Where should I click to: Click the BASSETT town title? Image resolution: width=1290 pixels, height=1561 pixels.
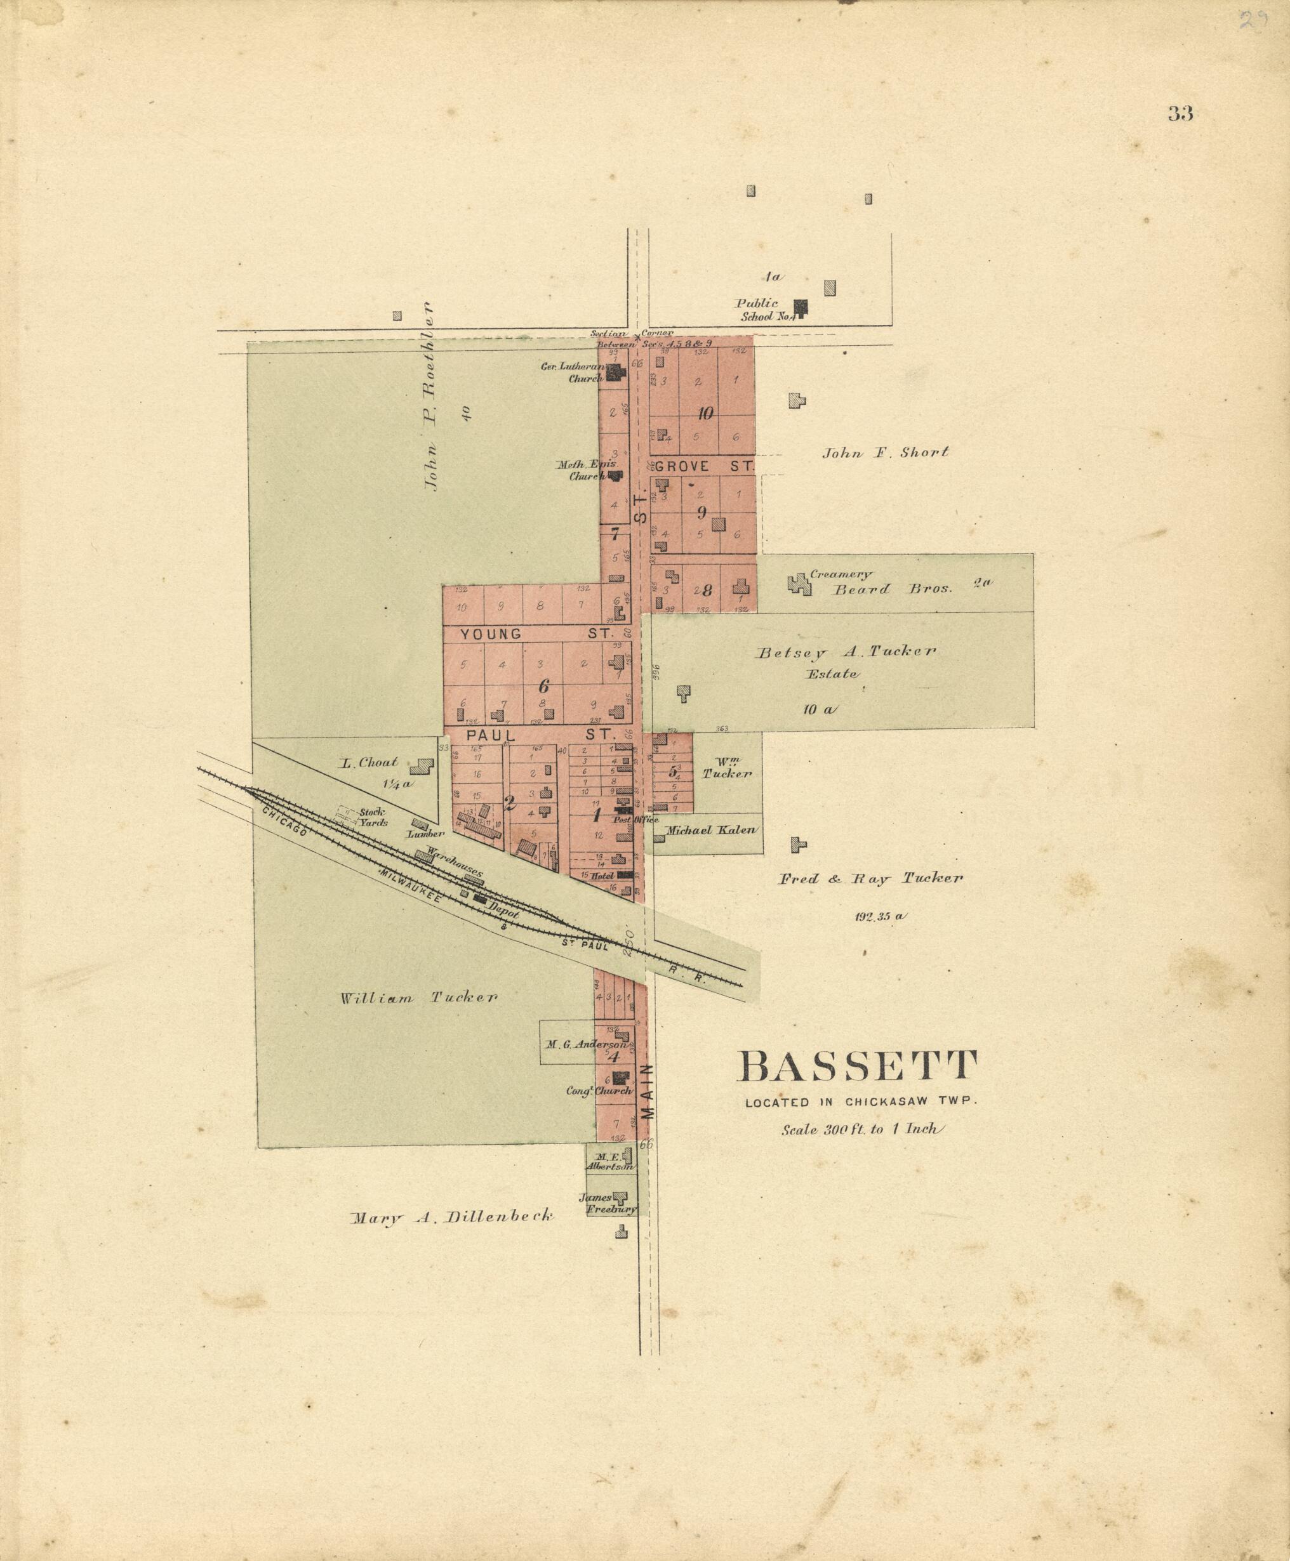857,1067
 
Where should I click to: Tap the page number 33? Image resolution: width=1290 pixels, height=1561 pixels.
1180,114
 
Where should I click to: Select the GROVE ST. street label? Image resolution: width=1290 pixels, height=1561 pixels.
703,466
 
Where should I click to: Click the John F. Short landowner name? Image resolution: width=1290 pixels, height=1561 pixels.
885,452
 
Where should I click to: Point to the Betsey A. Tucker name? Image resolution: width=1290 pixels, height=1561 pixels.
846,652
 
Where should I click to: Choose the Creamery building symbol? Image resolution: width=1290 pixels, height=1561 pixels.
799,584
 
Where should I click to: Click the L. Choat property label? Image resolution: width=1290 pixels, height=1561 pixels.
369,763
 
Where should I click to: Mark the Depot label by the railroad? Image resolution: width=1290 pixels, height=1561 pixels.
503,911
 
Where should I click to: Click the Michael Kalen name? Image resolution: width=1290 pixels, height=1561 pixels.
710,830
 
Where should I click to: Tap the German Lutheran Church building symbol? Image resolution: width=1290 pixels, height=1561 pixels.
615,371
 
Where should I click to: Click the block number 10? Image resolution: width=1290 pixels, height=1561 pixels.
705,413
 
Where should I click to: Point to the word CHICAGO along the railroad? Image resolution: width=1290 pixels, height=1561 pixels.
284,822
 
